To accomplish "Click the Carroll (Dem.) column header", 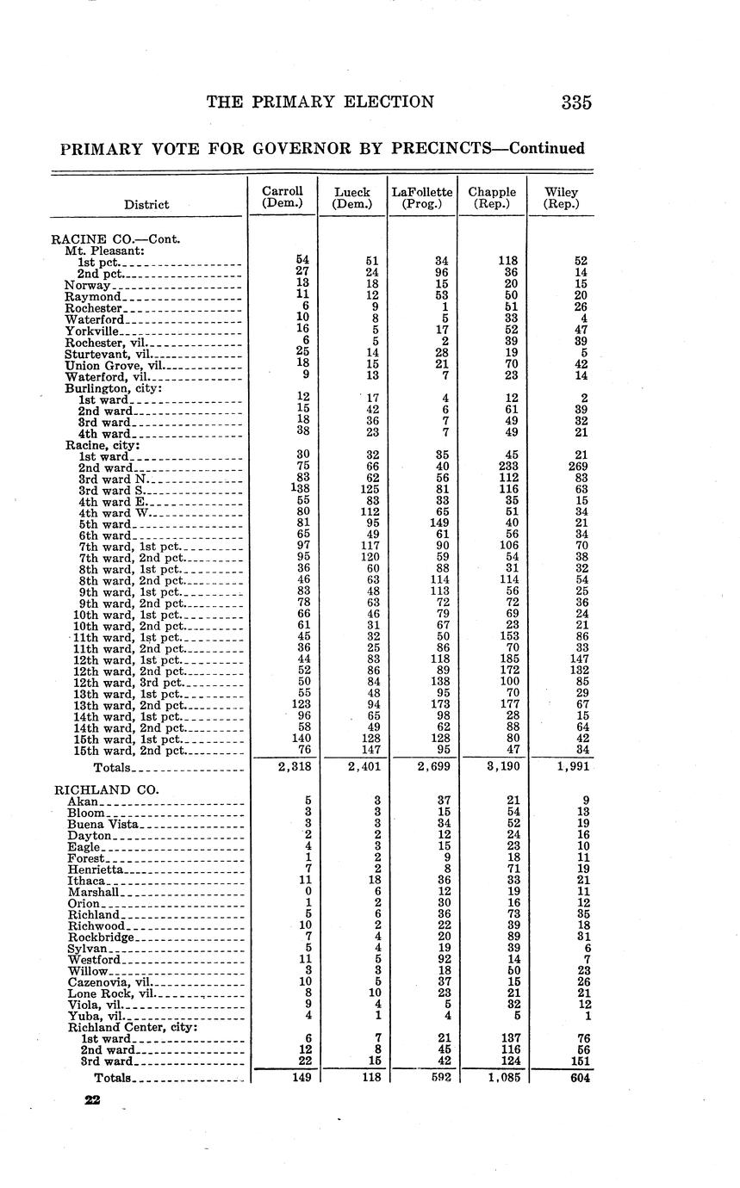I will [283, 198].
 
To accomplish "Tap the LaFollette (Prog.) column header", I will [422, 198].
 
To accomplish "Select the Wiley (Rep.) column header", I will [562, 198].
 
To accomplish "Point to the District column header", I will [146, 205].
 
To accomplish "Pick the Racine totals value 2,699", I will [422, 767].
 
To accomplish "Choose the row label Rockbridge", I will [101, 937].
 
